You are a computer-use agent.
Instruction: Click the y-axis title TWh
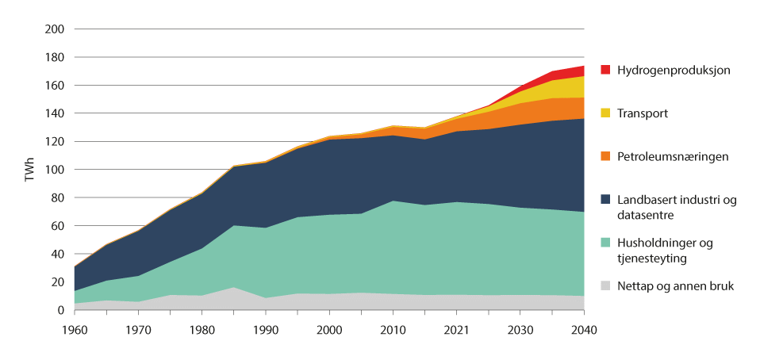click(x=30, y=170)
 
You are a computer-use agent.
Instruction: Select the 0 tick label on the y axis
click(x=60, y=310)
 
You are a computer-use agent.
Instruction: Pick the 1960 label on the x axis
click(x=75, y=328)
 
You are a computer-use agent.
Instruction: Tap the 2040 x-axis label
click(x=585, y=328)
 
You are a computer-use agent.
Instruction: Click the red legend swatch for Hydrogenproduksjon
click(x=606, y=70)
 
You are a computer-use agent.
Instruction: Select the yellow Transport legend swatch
click(x=606, y=113)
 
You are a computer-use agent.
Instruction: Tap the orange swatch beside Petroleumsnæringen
click(x=606, y=157)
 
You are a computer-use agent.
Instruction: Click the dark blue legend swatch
click(x=606, y=201)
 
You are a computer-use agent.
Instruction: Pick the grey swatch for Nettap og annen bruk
click(x=606, y=285)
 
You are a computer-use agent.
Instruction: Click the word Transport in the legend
click(x=645, y=113)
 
